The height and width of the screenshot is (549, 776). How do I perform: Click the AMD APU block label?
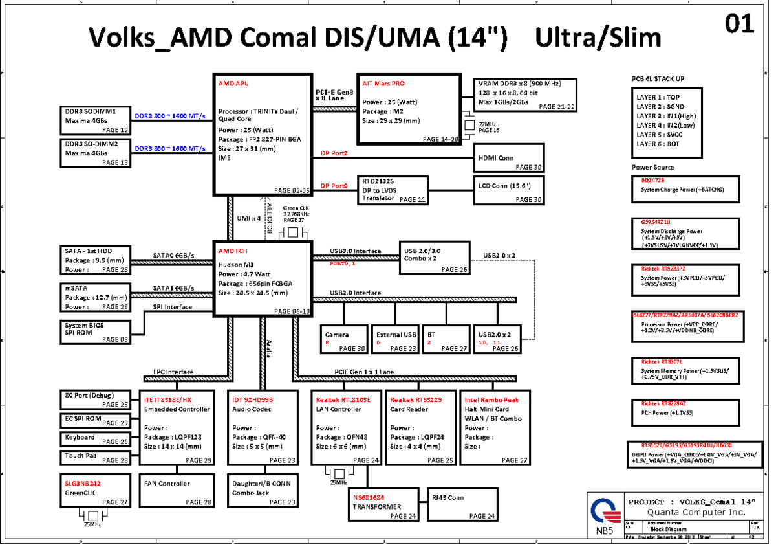[233, 84]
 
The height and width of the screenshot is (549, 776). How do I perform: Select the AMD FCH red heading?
[233, 251]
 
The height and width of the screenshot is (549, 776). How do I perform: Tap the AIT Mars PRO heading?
[383, 84]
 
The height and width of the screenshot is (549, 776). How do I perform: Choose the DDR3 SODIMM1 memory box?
[95, 120]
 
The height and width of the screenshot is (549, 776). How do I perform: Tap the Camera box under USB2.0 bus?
[345, 339]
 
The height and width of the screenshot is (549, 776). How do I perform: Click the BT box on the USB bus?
[446, 339]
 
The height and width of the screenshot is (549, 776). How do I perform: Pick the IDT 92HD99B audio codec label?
[253, 400]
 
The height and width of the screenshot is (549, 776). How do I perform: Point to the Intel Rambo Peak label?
[491, 400]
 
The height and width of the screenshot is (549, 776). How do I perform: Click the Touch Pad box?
[95, 456]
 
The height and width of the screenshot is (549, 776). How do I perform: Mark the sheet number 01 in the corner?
[739, 25]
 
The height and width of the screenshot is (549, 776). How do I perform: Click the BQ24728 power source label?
[653, 180]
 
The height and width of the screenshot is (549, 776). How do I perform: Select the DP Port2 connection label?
[334, 153]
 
